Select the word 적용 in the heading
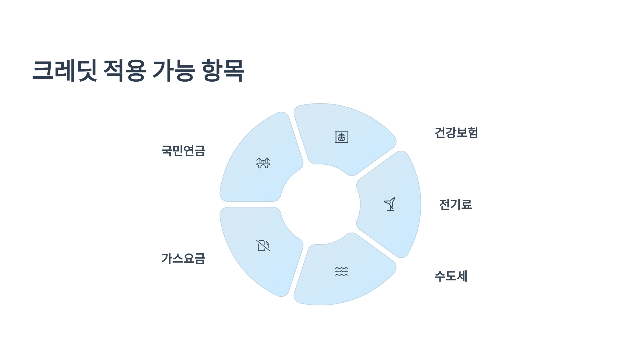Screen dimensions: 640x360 click(125, 70)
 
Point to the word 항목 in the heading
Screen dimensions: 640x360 click(223, 70)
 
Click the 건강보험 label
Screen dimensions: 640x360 click(456, 133)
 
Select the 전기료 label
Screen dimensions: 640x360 click(455, 205)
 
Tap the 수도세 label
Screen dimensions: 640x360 click(451, 276)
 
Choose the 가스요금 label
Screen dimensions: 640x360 click(183, 258)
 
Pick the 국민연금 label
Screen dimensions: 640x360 click(183, 151)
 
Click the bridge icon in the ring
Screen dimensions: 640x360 click(263, 163)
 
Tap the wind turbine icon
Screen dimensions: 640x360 click(390, 204)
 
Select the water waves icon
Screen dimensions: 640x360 click(341, 271)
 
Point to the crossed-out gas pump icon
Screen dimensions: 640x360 click(263, 246)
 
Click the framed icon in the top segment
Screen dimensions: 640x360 click(341, 137)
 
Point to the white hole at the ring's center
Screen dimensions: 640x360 click(320, 204)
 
